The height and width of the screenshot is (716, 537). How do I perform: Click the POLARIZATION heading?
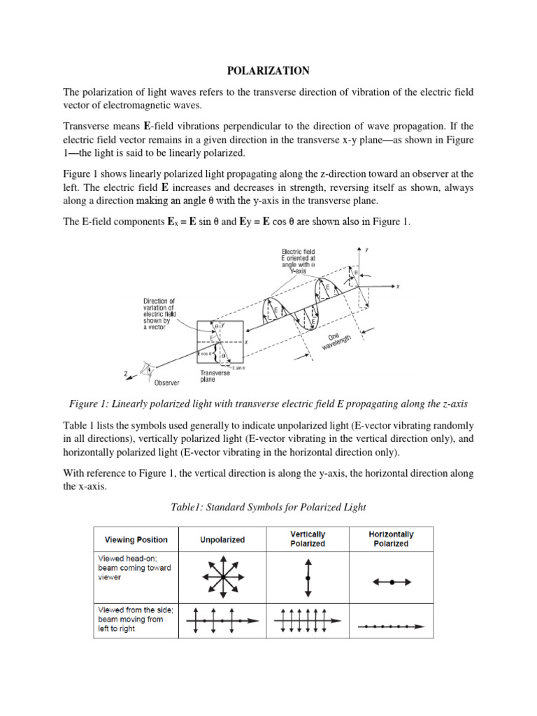pos(268,71)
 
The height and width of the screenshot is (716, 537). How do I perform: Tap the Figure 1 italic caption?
pos(268,405)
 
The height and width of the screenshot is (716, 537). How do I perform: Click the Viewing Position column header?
pos(136,539)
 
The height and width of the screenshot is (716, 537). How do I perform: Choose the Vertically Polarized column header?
pos(308,538)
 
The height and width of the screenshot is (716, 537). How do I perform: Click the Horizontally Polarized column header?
pos(391,538)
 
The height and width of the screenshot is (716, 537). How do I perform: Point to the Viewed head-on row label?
pos(134,567)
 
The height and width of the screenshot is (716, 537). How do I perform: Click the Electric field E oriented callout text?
pos(299,260)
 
